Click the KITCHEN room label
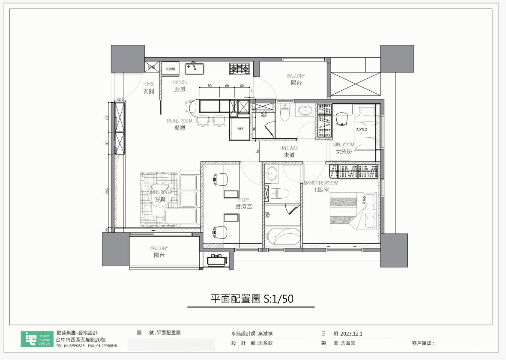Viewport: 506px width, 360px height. [x=180, y=83]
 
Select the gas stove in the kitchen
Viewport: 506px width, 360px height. [x=240, y=68]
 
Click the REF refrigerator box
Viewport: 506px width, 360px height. [x=240, y=128]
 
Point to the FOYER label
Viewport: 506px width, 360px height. [x=149, y=85]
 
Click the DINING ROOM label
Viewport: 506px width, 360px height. [x=180, y=121]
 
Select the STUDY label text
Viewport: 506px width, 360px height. [x=243, y=199]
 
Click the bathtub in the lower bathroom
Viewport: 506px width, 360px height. [x=283, y=237]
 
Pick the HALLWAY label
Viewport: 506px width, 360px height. [x=289, y=148]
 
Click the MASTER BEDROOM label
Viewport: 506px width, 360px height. [x=320, y=183]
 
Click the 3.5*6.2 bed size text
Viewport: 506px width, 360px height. [x=362, y=129]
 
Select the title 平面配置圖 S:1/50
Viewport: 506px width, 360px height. [x=252, y=299]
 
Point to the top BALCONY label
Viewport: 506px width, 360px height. [x=296, y=76]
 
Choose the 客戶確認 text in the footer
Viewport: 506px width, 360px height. [x=422, y=343]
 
